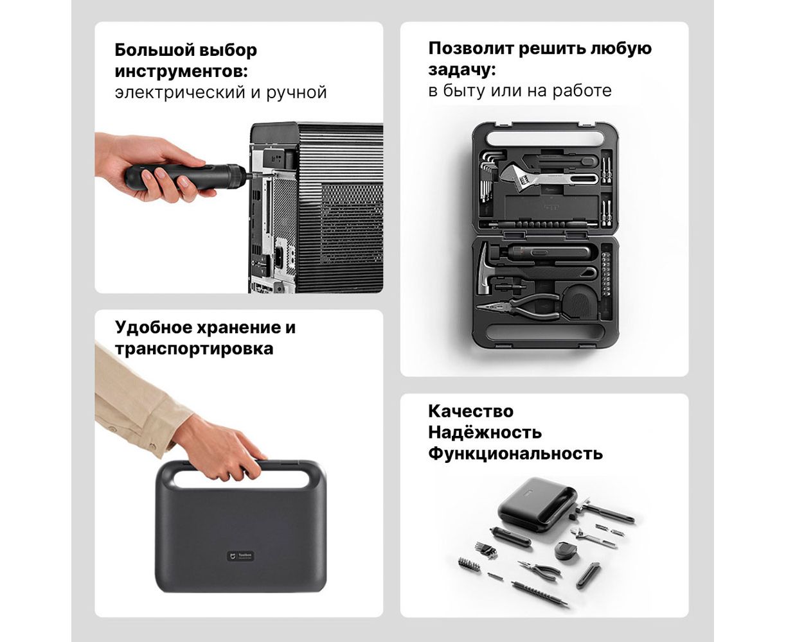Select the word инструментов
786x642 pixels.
click(181, 71)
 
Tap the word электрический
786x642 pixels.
click(180, 92)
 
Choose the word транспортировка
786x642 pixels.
click(194, 349)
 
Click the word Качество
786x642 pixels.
click(470, 412)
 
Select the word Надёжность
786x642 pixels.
click(485, 432)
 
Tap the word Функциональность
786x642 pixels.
click(515, 454)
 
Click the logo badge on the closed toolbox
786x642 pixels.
click(241, 556)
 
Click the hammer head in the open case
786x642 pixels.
click(485, 269)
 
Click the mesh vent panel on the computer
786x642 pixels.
click(352, 223)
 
